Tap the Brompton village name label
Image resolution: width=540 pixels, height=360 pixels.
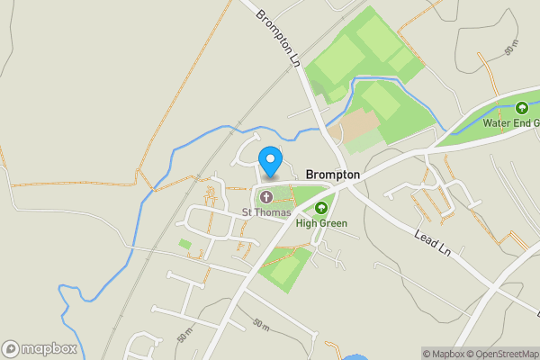[x=333, y=175]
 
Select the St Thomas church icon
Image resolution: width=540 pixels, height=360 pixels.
[x=266, y=197]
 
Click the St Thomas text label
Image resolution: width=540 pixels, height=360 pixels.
[x=266, y=212]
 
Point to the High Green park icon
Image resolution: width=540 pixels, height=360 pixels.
[x=321, y=208]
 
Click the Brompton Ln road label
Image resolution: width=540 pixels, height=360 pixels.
[x=278, y=39]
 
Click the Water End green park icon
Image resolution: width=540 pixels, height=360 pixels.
[x=520, y=108]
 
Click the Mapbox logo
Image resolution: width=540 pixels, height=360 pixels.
[x=39, y=348]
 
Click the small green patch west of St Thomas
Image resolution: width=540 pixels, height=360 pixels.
[x=184, y=243]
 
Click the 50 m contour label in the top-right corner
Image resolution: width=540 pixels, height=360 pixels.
[x=512, y=50]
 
